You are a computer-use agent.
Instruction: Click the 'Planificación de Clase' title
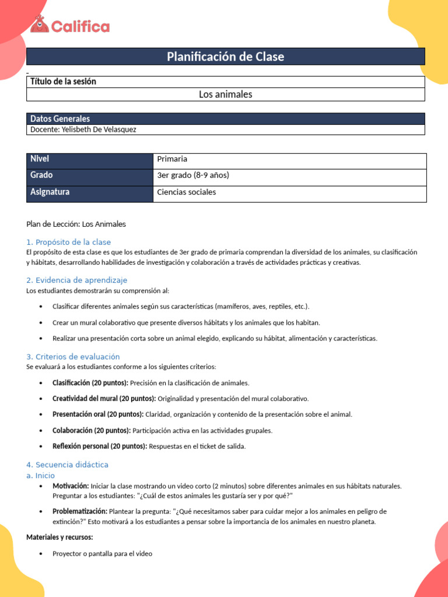[225, 57]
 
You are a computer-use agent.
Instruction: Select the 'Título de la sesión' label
[63, 82]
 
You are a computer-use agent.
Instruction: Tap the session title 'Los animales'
[225, 94]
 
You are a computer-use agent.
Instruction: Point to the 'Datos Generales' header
[60, 118]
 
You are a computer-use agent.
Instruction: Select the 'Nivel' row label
[40, 159]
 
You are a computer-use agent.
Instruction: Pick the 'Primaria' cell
[172, 159]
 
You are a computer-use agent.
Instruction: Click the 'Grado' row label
[41, 175]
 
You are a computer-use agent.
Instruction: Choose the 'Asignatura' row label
[50, 192]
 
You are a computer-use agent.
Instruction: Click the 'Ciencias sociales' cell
[186, 192]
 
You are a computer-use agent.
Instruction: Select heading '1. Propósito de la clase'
[68, 242]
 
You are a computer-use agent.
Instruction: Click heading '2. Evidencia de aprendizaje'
[76, 280]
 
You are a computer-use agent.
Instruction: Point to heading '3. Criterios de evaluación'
[73, 356]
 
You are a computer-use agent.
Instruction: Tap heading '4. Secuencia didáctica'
[67, 465]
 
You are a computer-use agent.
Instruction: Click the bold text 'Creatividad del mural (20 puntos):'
[104, 398]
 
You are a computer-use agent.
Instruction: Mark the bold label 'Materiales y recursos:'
[60, 537]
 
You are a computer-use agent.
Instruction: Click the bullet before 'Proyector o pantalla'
[40, 554]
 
